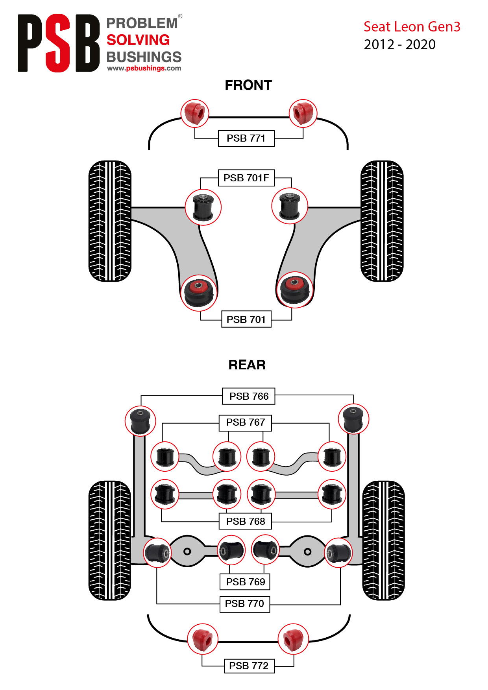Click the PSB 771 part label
point(246,138)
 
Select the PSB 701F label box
point(246,178)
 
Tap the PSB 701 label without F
point(246,319)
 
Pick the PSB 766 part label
point(249,396)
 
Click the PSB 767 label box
point(246,422)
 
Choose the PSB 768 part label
point(246,521)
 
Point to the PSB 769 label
point(245,582)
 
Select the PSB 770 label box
point(245,604)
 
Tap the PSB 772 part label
point(249,666)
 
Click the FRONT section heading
point(248,85)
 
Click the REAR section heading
point(247,365)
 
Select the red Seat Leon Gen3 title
point(412,27)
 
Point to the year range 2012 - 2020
point(400,44)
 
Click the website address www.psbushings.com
point(144,68)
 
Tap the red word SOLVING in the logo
point(138,40)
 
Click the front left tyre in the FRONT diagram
point(110,221)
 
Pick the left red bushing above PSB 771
point(195,113)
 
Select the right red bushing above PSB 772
point(293,639)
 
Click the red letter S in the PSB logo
point(58,43)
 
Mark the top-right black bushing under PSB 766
point(353,419)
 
